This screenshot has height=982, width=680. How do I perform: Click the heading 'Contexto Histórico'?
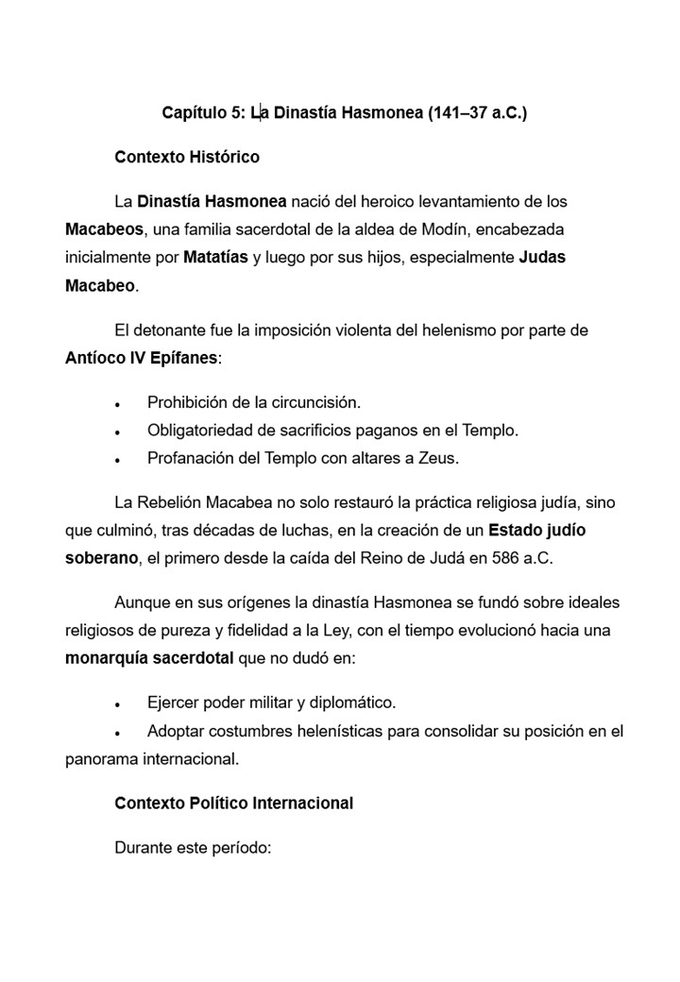point(186,157)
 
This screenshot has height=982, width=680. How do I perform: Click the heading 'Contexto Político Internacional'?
point(233,804)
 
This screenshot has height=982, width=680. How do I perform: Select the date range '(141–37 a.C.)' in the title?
point(477,113)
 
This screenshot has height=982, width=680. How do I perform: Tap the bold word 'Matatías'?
point(215,257)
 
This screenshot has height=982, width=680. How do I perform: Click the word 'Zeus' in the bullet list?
point(437,459)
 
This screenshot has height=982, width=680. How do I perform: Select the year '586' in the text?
point(503,557)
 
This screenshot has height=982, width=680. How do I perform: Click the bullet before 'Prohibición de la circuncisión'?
point(117,404)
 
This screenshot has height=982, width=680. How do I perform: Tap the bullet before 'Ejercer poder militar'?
point(117,705)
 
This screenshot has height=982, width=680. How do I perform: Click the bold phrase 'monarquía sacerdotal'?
point(149,657)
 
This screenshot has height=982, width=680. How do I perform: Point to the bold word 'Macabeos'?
point(104,229)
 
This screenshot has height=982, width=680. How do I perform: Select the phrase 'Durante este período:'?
point(193,848)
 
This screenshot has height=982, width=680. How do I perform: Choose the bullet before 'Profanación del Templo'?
point(117,460)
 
